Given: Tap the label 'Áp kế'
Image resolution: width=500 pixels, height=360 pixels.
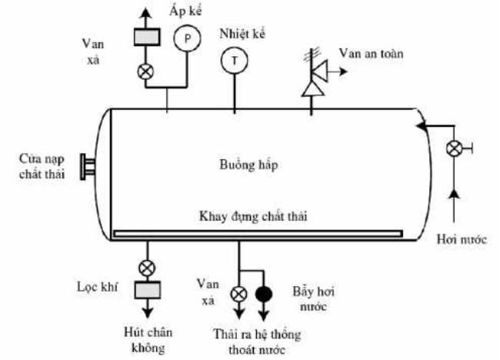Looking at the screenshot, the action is (185, 12).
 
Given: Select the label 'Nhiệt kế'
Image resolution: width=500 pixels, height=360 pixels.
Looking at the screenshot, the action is (242, 34).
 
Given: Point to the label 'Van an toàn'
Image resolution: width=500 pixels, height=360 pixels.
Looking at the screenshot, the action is (372, 53).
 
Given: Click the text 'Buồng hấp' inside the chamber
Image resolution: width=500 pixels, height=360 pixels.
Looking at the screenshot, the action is (248, 165).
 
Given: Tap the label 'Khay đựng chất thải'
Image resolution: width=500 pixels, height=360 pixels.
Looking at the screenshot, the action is (253, 216).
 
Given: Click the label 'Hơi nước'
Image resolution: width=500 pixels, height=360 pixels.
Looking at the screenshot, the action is (462, 239).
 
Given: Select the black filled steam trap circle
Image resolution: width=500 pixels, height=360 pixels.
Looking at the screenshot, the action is (264, 294).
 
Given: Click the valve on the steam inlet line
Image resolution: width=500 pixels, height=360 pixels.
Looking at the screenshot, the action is (454, 149).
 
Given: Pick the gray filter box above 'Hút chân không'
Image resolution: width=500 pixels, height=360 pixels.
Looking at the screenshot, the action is (148, 290).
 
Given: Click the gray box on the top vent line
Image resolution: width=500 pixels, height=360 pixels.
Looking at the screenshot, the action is (147, 37).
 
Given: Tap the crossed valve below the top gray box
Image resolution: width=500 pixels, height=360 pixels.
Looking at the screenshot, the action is (145, 72).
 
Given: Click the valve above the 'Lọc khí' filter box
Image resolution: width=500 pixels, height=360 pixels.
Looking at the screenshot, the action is (148, 268).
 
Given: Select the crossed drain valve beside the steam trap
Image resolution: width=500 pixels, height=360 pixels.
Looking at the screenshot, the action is (238, 294).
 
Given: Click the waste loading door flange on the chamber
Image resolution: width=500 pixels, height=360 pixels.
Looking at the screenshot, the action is (87, 167).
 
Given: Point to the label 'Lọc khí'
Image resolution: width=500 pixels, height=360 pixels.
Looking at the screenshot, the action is (98, 287).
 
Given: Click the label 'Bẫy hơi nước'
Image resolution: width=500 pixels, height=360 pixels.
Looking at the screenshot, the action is (313, 299).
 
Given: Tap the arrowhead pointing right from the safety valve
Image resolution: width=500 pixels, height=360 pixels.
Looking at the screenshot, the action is (344, 72).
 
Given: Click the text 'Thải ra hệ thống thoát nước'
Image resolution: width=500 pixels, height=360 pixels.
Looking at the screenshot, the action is (257, 342).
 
